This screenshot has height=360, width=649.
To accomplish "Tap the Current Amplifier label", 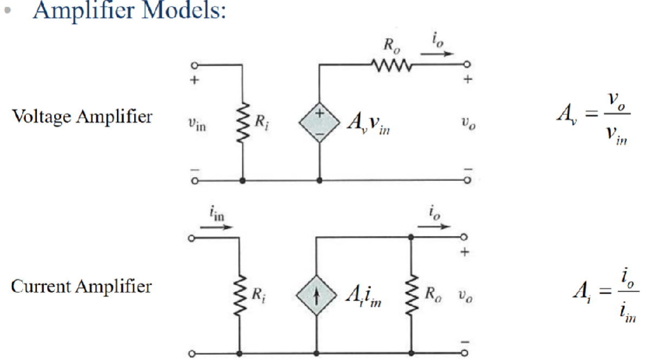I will pos(81,286).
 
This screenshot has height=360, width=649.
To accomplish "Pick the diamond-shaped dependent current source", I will pos(315,294).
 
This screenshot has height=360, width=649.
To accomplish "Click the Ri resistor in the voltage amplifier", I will pos(242,124).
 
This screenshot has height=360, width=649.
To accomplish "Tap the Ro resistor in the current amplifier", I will pos(412,294).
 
